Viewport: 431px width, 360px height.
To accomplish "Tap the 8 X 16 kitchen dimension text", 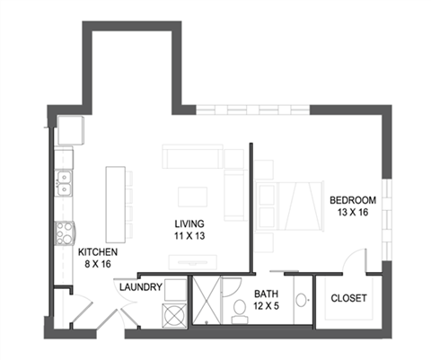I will (x=97, y=265).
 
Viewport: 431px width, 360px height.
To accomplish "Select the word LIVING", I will (x=189, y=223).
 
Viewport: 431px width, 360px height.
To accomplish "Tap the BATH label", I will (x=266, y=294).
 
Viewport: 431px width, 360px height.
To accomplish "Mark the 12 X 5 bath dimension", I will (x=266, y=306).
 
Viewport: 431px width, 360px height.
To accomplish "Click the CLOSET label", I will (x=348, y=298).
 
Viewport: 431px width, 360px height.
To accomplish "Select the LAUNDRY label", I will (x=140, y=287).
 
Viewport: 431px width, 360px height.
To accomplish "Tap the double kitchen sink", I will (x=64, y=184).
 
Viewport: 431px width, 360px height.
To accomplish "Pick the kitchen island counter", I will (x=116, y=198).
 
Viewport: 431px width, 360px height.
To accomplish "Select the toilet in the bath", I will (x=240, y=311).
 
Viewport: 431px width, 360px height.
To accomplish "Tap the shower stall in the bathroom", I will (x=207, y=303).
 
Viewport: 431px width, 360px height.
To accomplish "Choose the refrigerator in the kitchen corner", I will (x=69, y=131).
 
